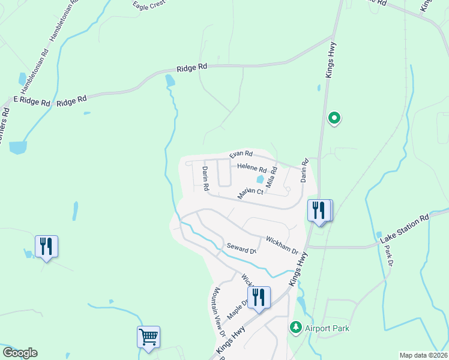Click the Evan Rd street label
(x=241, y=155)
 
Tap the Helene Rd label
(x=252, y=168)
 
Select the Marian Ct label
(x=250, y=193)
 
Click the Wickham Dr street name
(x=282, y=244)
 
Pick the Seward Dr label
(x=241, y=248)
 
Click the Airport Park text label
(x=327, y=328)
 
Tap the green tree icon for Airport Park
(x=295, y=328)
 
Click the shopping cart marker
(x=148, y=337)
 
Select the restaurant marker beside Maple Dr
(x=259, y=298)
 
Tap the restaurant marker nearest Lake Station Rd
(x=319, y=210)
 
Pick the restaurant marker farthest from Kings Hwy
(x=46, y=247)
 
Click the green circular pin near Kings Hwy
(x=335, y=118)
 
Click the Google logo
(x=20, y=352)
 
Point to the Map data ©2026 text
(x=423, y=355)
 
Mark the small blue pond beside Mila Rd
(x=260, y=179)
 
